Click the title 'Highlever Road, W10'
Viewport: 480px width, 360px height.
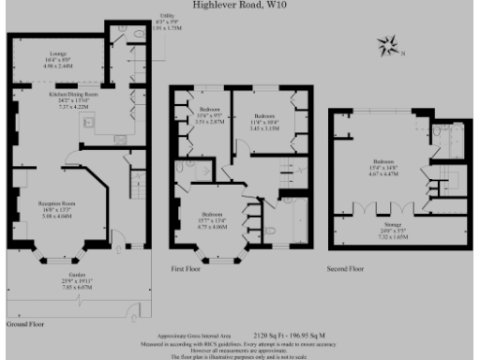point(239,5)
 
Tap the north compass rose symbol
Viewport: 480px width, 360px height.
point(386,44)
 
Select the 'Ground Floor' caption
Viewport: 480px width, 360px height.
point(25,322)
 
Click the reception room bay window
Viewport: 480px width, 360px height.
point(57,246)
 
